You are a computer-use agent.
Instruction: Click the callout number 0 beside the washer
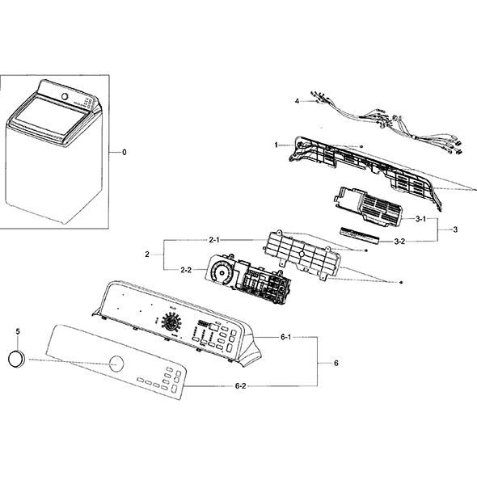pyautogui.click(x=125, y=152)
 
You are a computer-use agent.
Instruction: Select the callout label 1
pyautogui.click(x=276, y=145)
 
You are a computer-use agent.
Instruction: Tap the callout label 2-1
pyautogui.click(x=214, y=239)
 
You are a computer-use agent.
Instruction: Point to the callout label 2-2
pyautogui.click(x=186, y=270)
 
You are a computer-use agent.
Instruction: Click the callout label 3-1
pyautogui.click(x=420, y=219)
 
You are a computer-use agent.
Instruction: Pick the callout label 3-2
pyautogui.click(x=399, y=242)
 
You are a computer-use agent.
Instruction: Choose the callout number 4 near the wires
pyautogui.click(x=297, y=101)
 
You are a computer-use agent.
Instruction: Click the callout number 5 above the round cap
pyautogui.click(x=18, y=331)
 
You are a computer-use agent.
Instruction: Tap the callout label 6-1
pyautogui.click(x=285, y=337)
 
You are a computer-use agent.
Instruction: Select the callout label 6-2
pyautogui.click(x=241, y=386)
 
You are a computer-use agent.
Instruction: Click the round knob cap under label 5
pyautogui.click(x=15, y=360)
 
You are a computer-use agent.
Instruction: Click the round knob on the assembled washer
pyautogui.click(x=65, y=97)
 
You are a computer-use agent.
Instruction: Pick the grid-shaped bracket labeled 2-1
pyautogui.click(x=302, y=255)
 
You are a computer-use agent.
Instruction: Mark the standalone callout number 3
pyautogui.click(x=454, y=229)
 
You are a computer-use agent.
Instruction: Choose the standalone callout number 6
pyautogui.click(x=336, y=363)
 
